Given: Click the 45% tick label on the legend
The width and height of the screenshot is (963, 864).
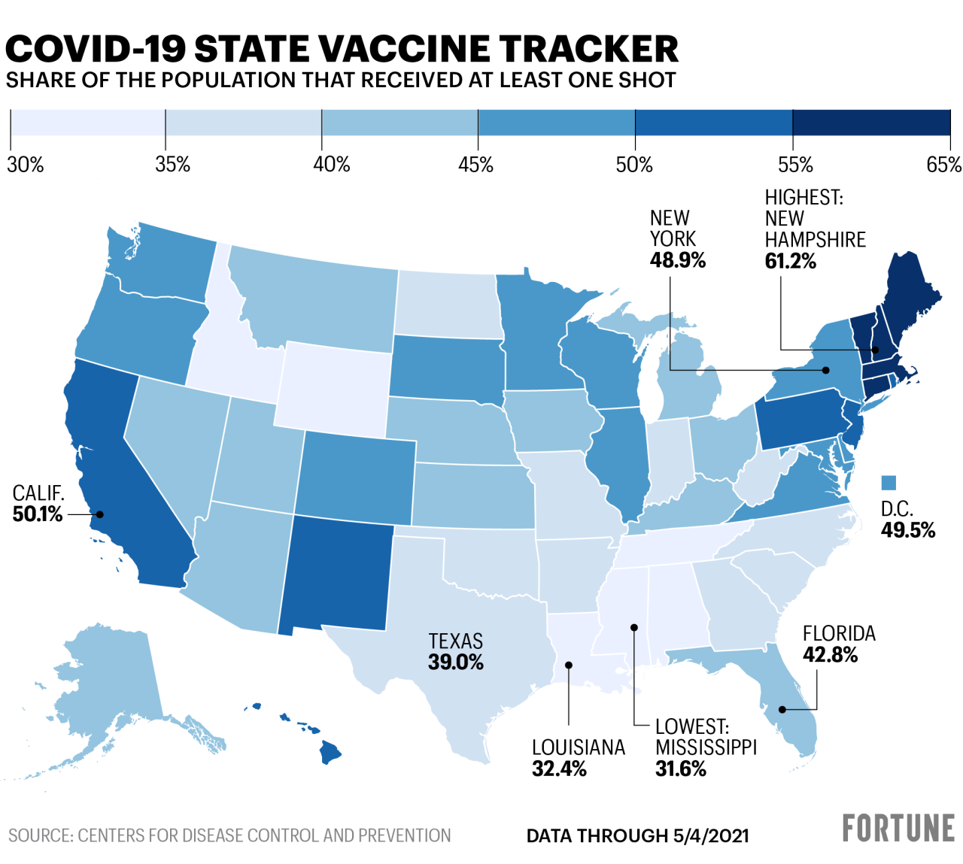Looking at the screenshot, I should pos(475,165).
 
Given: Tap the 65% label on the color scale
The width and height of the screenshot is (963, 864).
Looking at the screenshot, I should pos(943,165).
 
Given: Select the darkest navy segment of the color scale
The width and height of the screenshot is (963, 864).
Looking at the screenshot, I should pos(871,123).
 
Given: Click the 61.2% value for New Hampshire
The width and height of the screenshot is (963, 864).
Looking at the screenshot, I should pos(790,261).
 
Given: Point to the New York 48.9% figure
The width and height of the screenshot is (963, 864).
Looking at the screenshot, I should pos(677,260).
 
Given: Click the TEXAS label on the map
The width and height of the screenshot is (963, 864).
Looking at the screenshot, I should pos(455,641).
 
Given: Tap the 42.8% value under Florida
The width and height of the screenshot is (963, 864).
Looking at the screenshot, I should pos(830,655).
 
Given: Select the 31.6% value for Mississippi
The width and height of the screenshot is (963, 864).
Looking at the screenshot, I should pos(680,769).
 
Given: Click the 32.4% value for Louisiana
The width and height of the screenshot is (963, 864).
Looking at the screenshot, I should pos(559,769).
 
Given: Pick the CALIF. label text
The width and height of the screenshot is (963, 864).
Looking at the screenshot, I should pos(38,493).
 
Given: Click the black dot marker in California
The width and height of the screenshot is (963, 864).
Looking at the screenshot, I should pos(99,514).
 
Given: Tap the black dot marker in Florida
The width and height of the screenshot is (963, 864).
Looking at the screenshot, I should pos(782,709).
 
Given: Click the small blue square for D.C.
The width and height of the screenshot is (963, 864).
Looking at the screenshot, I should pos(889,482).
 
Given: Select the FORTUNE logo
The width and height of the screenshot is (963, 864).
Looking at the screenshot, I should pos(898,828).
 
